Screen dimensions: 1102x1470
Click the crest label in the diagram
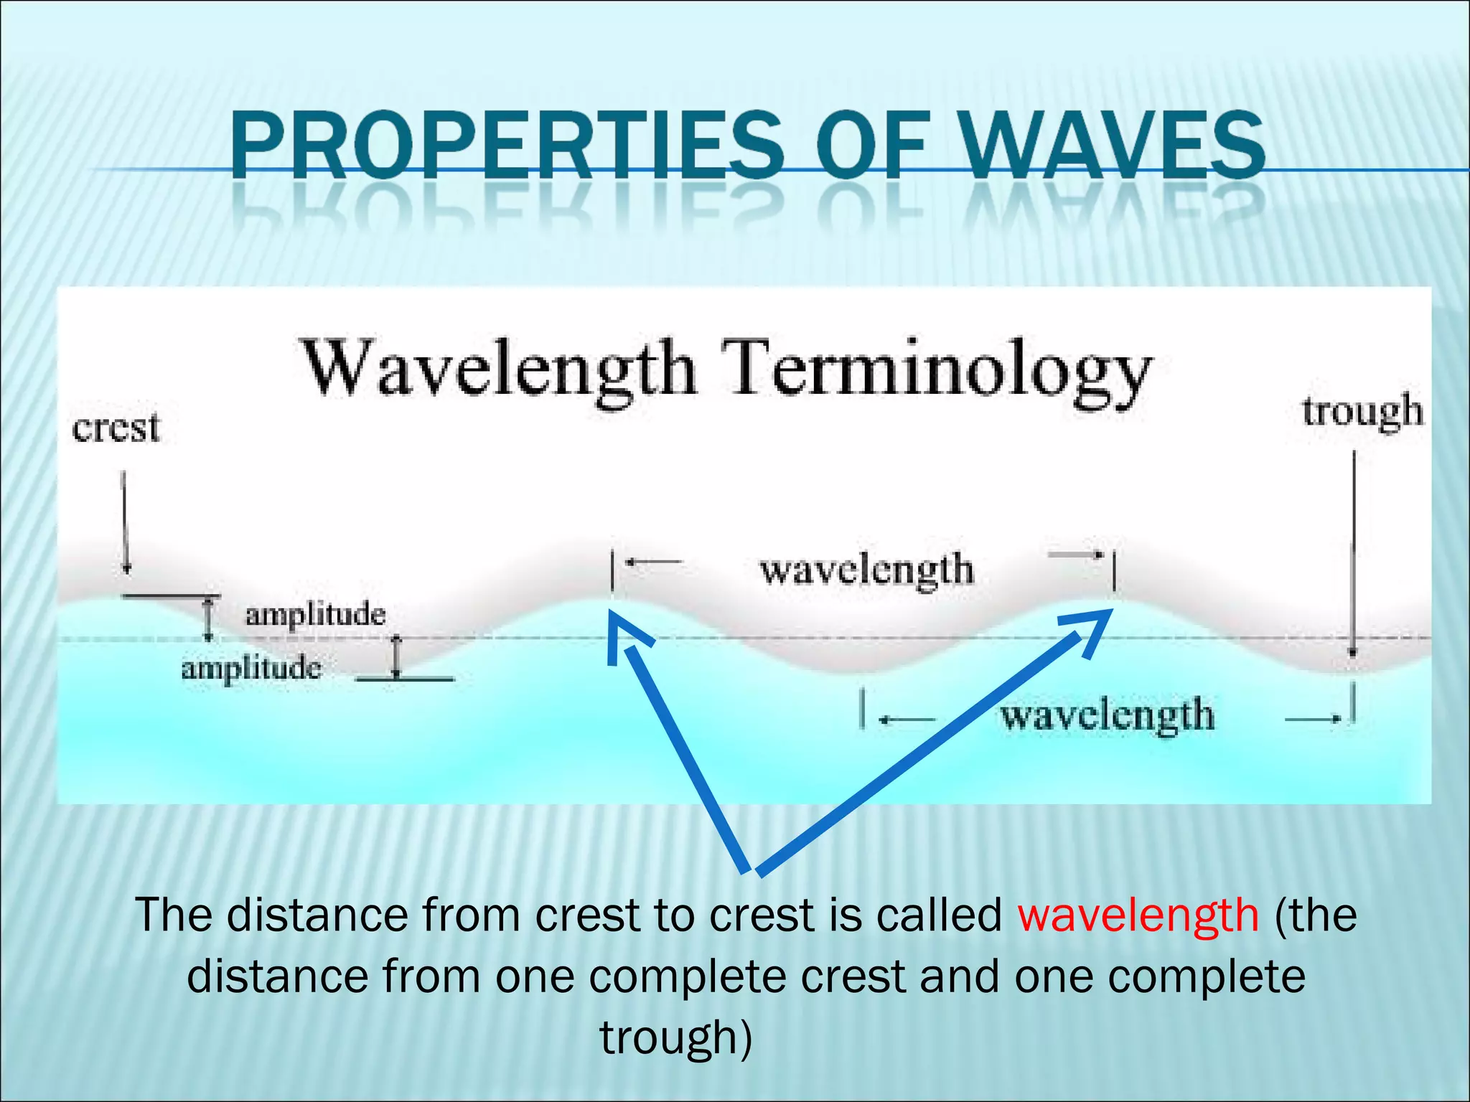pyautogui.click(x=116, y=428)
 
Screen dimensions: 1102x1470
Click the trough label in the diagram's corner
pyautogui.click(x=1362, y=413)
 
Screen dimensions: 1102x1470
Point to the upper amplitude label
pyautogui.click(x=315, y=615)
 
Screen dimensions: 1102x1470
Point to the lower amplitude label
pyautogui.click(x=251, y=669)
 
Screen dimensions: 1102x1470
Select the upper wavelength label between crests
pyautogui.click(x=866, y=570)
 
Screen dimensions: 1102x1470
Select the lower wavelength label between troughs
pyautogui.click(x=1107, y=716)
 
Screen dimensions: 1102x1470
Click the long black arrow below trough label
pyautogui.click(x=1353, y=552)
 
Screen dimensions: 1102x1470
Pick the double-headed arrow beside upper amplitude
pyautogui.click(x=209, y=618)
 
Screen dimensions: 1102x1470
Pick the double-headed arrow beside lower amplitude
pyautogui.click(x=396, y=657)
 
